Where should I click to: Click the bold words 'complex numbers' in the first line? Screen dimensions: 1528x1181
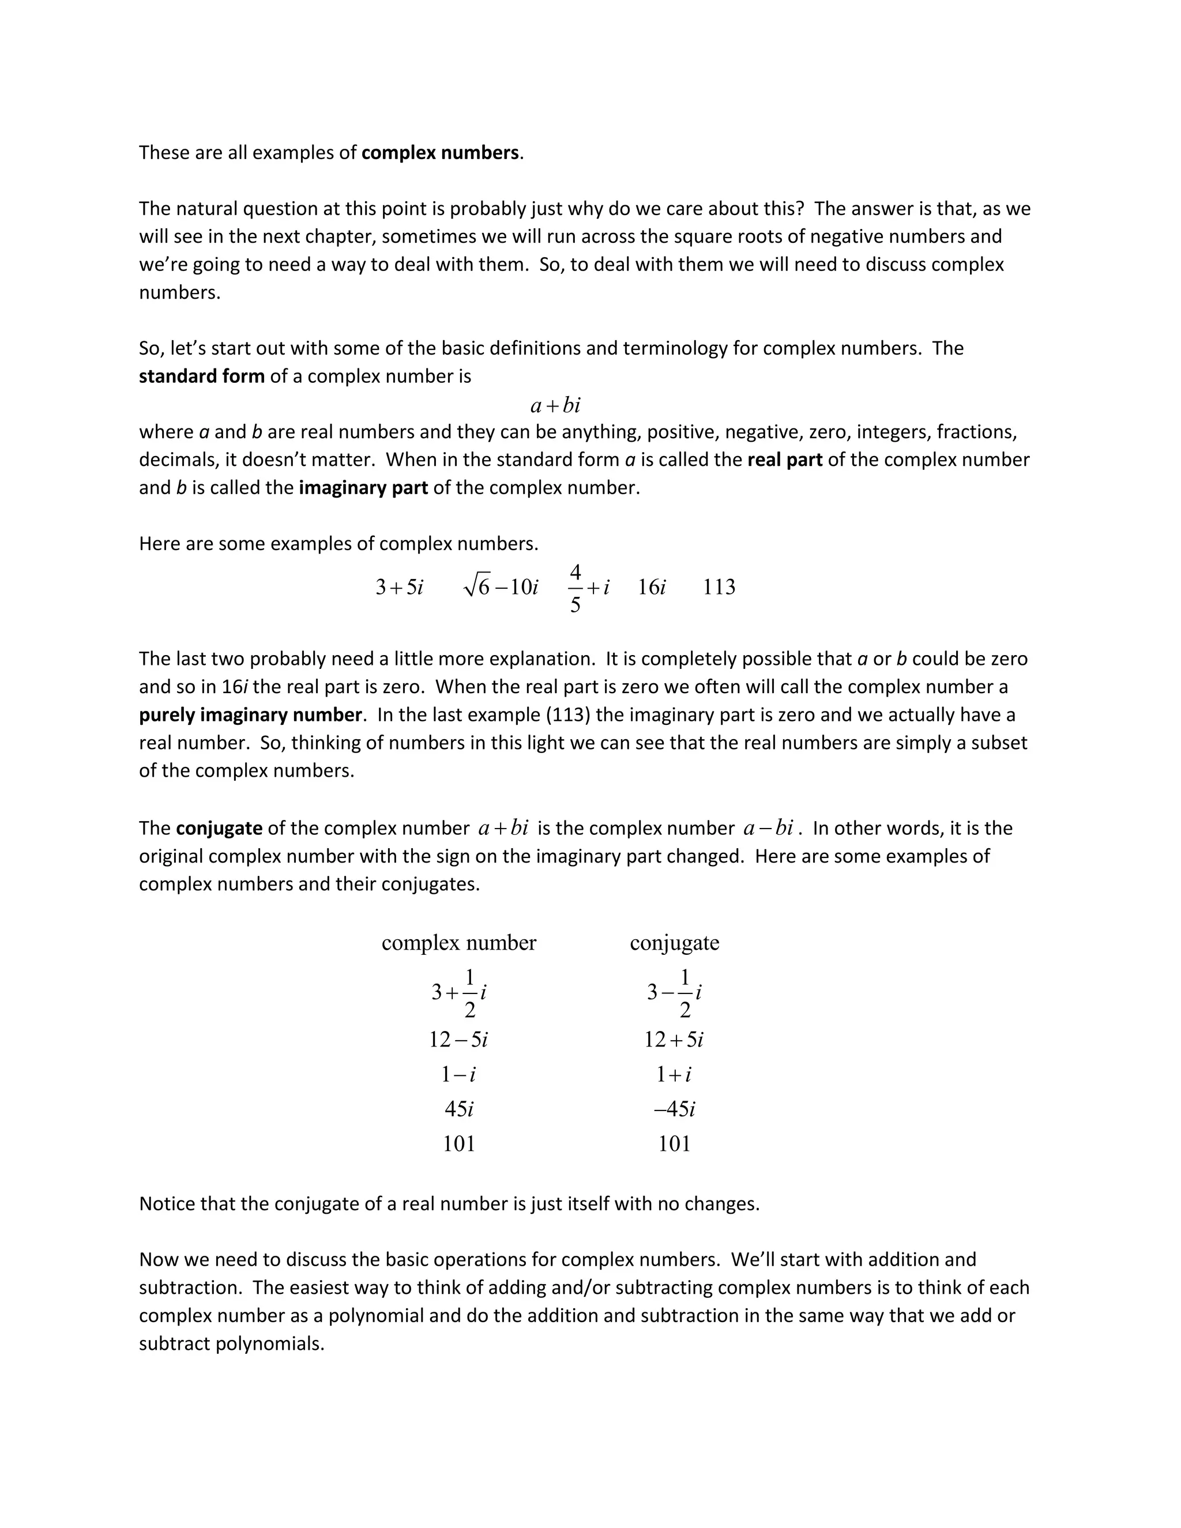440,153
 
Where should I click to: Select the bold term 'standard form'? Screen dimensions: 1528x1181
201,377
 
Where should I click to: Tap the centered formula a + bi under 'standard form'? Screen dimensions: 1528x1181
555,405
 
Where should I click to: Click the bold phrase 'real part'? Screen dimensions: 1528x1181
785,460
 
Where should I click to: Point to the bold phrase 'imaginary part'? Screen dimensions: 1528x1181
363,488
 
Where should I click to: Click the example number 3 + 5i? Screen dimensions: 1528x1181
400,587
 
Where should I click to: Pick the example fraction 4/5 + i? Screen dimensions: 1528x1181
588,588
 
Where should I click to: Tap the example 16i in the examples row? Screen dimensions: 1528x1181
652,587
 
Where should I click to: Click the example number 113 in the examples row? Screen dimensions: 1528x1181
719,587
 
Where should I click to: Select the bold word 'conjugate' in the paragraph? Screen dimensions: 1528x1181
219,829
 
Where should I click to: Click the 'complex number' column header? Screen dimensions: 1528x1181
459,943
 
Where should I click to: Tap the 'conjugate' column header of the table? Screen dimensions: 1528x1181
675,943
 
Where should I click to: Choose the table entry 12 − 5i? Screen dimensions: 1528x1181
459,1040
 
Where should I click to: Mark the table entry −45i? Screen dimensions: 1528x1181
675,1109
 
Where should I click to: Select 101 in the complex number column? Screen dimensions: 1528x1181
459,1144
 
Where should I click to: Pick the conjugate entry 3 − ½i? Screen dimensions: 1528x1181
675,993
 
